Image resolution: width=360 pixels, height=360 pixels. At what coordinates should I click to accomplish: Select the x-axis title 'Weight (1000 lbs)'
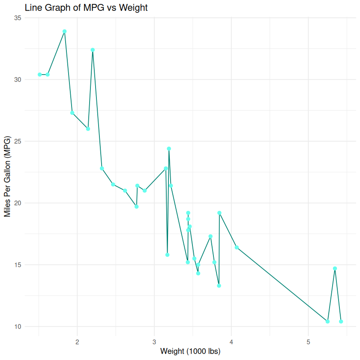click(190, 351)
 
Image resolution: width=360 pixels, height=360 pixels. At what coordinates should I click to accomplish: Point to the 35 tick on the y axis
click(18, 18)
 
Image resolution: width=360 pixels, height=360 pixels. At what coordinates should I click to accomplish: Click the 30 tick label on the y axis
click(18, 80)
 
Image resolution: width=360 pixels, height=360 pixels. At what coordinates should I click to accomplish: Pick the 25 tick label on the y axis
click(18, 141)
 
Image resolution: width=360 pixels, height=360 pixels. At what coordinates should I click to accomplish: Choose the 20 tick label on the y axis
click(18, 203)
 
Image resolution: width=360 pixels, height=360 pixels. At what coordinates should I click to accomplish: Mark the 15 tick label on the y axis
click(18, 265)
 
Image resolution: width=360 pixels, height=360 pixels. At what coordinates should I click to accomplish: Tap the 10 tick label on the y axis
click(18, 327)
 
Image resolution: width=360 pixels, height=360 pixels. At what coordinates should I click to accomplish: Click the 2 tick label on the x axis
click(78, 342)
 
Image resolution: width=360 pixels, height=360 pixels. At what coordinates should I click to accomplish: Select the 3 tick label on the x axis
click(154, 342)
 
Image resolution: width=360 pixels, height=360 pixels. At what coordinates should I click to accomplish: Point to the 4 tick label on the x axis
click(231, 342)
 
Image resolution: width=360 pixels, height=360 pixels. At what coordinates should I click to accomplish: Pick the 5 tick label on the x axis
click(308, 342)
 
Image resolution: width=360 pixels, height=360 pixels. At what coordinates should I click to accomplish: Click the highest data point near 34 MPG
click(65, 31)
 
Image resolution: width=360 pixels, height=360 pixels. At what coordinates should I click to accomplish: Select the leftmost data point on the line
click(40, 75)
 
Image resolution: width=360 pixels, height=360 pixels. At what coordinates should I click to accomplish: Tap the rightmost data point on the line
click(341, 321)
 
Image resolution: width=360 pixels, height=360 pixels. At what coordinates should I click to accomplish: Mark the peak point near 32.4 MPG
click(93, 50)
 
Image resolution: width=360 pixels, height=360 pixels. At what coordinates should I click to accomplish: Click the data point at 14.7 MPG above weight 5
click(335, 268)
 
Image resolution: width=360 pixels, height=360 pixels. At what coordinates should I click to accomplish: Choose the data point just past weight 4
click(237, 247)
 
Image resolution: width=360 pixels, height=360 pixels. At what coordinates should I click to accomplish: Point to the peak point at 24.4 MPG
click(169, 149)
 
